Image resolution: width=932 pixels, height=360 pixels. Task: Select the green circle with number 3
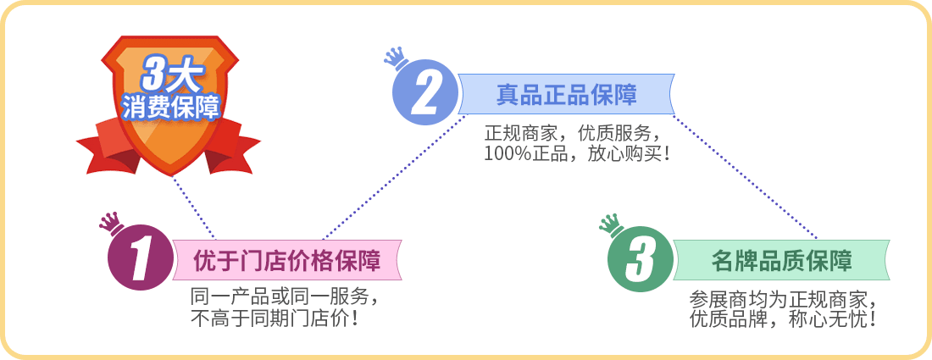click(641, 259)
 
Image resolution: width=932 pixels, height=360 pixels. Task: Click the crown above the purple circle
click(110, 223)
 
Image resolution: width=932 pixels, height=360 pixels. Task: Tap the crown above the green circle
click(610, 225)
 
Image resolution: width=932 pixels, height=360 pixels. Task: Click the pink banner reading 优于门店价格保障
click(287, 260)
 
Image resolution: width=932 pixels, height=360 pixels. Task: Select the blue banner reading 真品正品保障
click(567, 94)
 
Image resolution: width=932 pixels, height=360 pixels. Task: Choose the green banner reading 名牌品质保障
click(781, 260)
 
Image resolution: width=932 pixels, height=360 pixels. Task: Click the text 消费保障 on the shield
click(170, 107)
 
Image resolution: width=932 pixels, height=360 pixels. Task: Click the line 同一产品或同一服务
click(284, 296)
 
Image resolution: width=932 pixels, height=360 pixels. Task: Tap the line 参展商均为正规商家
click(783, 297)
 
